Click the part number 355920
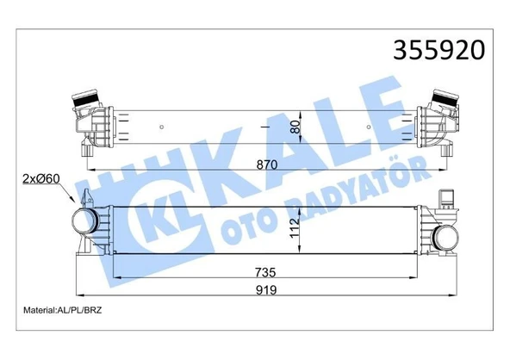(438, 50)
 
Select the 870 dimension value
(267, 164)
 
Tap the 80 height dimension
(295, 127)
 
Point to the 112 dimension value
(295, 227)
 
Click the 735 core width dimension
(265, 272)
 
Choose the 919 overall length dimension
(266, 290)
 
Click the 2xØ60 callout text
(41, 178)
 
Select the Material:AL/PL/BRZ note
(62, 310)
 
